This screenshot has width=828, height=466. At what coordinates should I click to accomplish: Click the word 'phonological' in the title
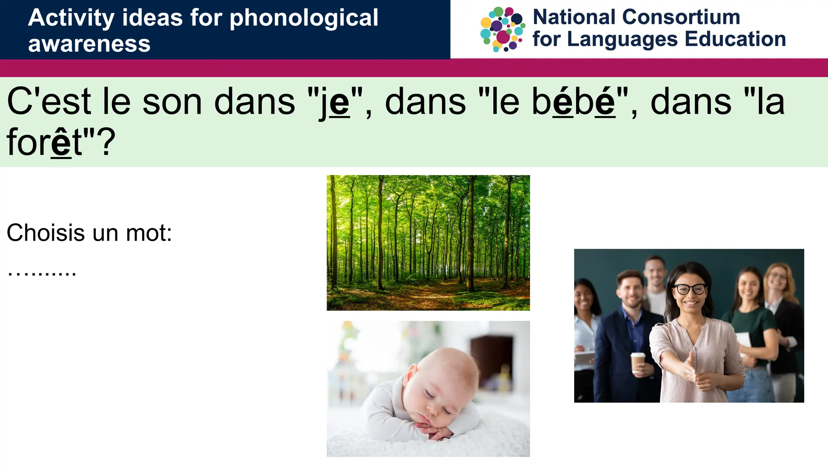[x=304, y=18]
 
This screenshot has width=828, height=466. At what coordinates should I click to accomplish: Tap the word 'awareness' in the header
[x=89, y=44]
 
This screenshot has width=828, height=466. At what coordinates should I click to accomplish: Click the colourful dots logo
[x=503, y=29]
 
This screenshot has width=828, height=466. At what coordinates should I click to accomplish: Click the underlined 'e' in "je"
[x=340, y=103]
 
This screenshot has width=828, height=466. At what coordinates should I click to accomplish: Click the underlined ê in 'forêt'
[x=61, y=142]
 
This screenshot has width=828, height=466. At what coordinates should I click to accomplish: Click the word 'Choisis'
[x=46, y=233]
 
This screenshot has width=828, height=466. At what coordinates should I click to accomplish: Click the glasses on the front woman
[x=690, y=289]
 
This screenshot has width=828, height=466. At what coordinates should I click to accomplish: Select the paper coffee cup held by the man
[x=638, y=362]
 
